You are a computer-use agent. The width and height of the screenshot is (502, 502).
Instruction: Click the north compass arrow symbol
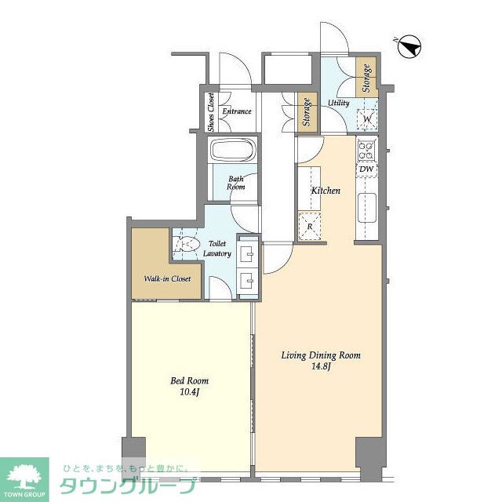coord(409,46)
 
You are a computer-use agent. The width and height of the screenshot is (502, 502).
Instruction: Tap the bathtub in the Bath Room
coord(233,150)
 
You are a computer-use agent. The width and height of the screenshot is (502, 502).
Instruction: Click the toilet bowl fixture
coord(186,245)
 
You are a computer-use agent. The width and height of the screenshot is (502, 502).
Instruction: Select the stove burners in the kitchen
coord(366,151)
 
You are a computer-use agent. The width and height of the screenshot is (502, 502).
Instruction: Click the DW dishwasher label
coord(366,169)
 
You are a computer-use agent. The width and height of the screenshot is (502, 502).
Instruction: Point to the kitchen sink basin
coord(367,207)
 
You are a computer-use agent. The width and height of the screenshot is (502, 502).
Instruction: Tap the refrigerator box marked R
coord(310,227)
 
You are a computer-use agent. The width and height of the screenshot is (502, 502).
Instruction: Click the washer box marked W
coord(367,119)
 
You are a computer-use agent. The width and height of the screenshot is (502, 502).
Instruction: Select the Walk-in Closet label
coord(167,278)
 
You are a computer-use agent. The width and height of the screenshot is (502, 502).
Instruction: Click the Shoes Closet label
coord(211,112)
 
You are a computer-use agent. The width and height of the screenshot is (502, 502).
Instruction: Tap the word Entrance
coord(237,111)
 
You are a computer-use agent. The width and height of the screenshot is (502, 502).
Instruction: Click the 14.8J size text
coord(321,366)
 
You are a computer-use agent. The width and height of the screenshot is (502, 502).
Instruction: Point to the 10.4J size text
coord(190,392)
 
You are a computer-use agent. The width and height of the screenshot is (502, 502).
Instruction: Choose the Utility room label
coord(338,103)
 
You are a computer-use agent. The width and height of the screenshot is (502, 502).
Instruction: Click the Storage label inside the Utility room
coord(366,78)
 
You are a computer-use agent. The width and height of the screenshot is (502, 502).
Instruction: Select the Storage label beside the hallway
coord(307,112)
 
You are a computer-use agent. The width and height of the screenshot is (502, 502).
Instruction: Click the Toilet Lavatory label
coord(217,249)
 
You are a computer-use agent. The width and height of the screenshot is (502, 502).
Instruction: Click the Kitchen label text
coord(326,191)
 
